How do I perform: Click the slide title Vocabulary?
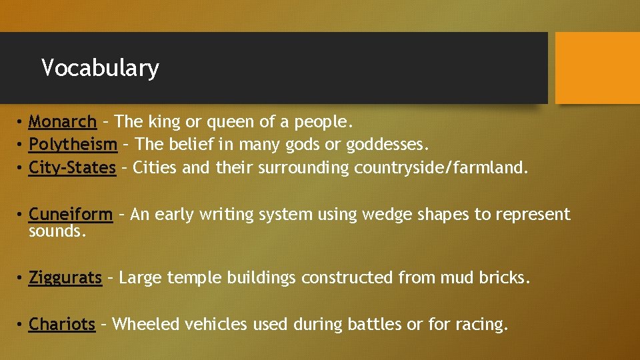tap(100, 68)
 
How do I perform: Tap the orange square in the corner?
tap(597, 68)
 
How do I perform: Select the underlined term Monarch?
tap(63, 122)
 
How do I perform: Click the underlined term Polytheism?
tap(73, 145)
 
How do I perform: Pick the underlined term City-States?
tap(72, 167)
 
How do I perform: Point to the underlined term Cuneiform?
tap(71, 215)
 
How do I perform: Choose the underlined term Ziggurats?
tap(65, 278)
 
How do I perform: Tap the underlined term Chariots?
tap(62, 325)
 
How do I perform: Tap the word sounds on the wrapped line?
tap(57, 231)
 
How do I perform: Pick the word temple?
tap(195, 278)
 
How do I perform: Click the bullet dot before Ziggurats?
tap(21, 278)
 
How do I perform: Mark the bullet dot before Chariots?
tap(21, 325)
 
